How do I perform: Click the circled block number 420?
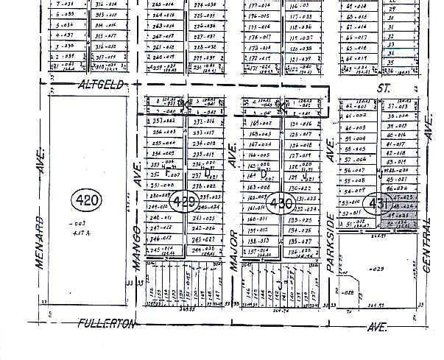coord(89,200)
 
